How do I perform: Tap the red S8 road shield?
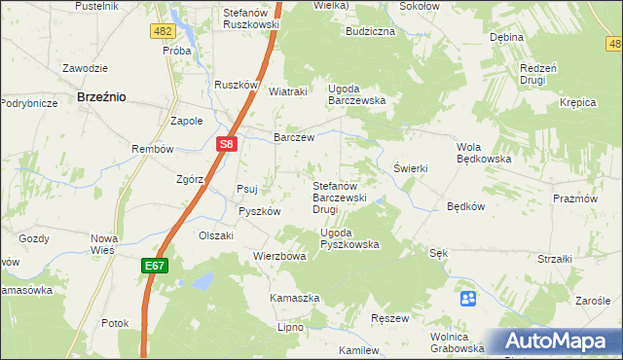226,144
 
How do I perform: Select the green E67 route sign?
155,264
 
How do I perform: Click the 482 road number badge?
163,32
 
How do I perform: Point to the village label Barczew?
294,138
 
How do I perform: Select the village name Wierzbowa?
279,257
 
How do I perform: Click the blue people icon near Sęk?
468,298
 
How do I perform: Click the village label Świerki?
410,168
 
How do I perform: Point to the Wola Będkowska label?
484,154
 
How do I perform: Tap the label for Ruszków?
236,85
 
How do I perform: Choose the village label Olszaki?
216,235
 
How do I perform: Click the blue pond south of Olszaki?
202,282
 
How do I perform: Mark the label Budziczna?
370,31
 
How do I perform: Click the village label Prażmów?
601,198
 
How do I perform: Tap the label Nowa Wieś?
103,244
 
